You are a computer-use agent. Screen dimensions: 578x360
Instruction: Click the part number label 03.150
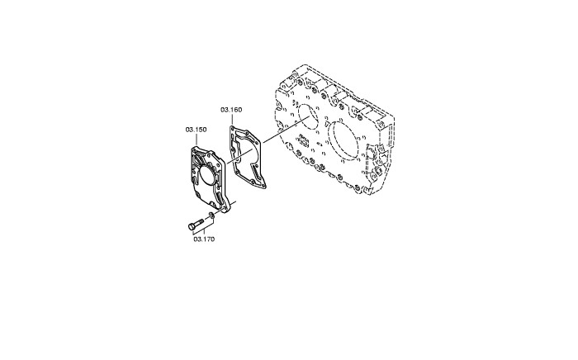(x=196, y=130)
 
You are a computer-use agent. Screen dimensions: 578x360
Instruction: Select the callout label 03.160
(x=231, y=110)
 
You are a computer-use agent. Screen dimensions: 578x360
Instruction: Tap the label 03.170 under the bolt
(x=204, y=239)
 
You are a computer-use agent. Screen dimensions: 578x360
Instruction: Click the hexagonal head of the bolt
(x=192, y=226)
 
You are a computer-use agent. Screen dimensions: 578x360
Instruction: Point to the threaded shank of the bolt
(x=199, y=222)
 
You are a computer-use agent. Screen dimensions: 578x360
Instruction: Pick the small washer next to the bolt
(x=211, y=216)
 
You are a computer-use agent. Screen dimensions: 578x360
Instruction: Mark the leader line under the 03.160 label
(x=232, y=119)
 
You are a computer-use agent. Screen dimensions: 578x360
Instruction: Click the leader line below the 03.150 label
(x=197, y=140)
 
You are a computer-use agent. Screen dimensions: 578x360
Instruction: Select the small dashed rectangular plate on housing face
(x=304, y=140)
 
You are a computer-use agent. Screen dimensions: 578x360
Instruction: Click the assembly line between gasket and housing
(x=286, y=130)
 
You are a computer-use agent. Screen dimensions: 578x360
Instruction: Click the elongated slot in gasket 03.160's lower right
(x=256, y=171)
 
